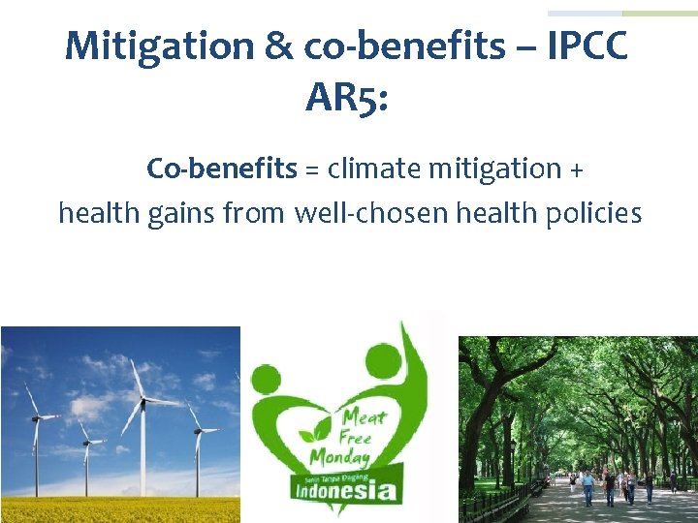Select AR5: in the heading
pos(346,96)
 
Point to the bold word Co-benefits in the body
pos(221,169)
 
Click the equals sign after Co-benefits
pos(312,169)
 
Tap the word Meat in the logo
pos(363,417)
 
